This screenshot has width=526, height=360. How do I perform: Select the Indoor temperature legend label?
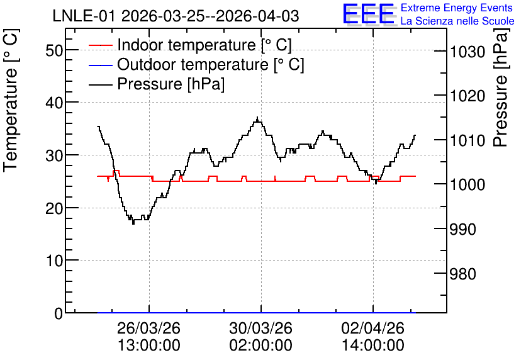(x=204, y=45)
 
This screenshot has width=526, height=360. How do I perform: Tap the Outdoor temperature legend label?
(x=210, y=64)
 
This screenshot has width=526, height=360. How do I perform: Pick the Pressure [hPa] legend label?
(x=171, y=84)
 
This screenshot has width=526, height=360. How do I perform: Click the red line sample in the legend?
(x=100, y=45)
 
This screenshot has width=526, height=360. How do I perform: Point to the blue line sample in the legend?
(x=100, y=65)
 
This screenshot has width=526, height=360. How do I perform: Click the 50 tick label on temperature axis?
(x=54, y=50)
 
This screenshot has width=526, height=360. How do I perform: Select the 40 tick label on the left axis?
(x=54, y=103)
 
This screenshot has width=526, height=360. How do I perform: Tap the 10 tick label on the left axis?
(x=54, y=261)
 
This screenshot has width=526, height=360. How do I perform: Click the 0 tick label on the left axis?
(x=59, y=313)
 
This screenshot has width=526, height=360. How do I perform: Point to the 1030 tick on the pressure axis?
(x=467, y=52)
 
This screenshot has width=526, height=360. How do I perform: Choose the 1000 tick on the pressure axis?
(x=467, y=184)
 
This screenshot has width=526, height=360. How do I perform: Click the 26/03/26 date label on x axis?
(x=148, y=328)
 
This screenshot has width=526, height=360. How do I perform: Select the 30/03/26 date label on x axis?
(x=260, y=328)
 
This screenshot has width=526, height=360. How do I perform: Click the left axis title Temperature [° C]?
(x=11, y=100)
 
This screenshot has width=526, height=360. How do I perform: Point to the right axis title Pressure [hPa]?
(x=501, y=87)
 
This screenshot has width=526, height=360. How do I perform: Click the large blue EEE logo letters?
(x=368, y=14)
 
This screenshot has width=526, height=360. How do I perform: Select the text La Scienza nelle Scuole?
(x=457, y=21)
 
